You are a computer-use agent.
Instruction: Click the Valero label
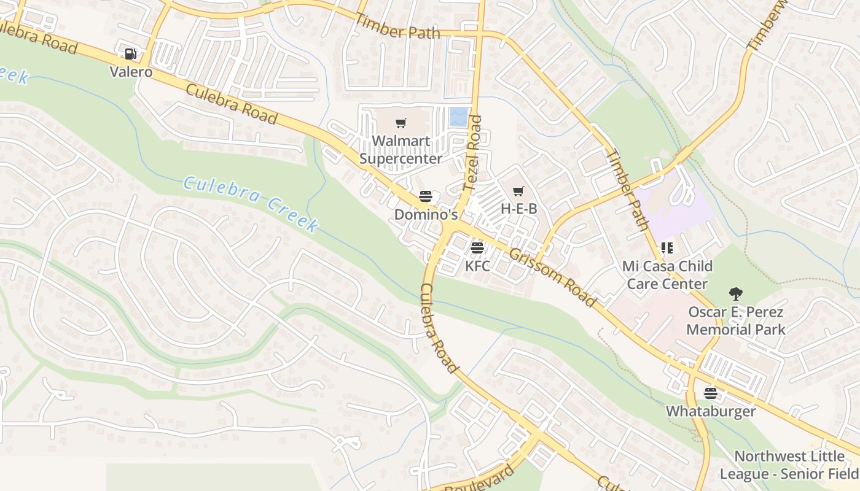[131, 72]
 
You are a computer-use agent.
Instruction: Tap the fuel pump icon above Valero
[130, 54]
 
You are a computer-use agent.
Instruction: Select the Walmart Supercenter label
[401, 150]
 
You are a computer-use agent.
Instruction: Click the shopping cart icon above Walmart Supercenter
[401, 123]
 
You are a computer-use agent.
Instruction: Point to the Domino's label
[426, 215]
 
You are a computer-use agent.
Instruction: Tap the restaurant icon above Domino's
[426, 197]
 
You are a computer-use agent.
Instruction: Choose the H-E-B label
[518, 209]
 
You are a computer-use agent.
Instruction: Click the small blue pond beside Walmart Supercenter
[458, 117]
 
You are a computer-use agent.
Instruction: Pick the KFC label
[477, 266]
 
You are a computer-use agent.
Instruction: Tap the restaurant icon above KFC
[477, 249]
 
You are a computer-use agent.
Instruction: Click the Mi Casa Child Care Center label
[667, 275]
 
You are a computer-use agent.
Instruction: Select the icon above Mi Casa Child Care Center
[667, 248]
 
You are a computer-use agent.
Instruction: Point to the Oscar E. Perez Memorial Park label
[735, 320]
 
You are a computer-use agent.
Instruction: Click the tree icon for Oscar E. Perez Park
[735, 294]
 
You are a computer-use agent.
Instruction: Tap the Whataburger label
[711, 411]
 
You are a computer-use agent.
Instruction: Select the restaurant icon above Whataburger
[711, 393]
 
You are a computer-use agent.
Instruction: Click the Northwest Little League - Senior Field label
[789, 465]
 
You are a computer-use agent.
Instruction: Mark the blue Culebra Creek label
[251, 204]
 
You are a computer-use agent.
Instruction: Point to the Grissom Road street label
[552, 277]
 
